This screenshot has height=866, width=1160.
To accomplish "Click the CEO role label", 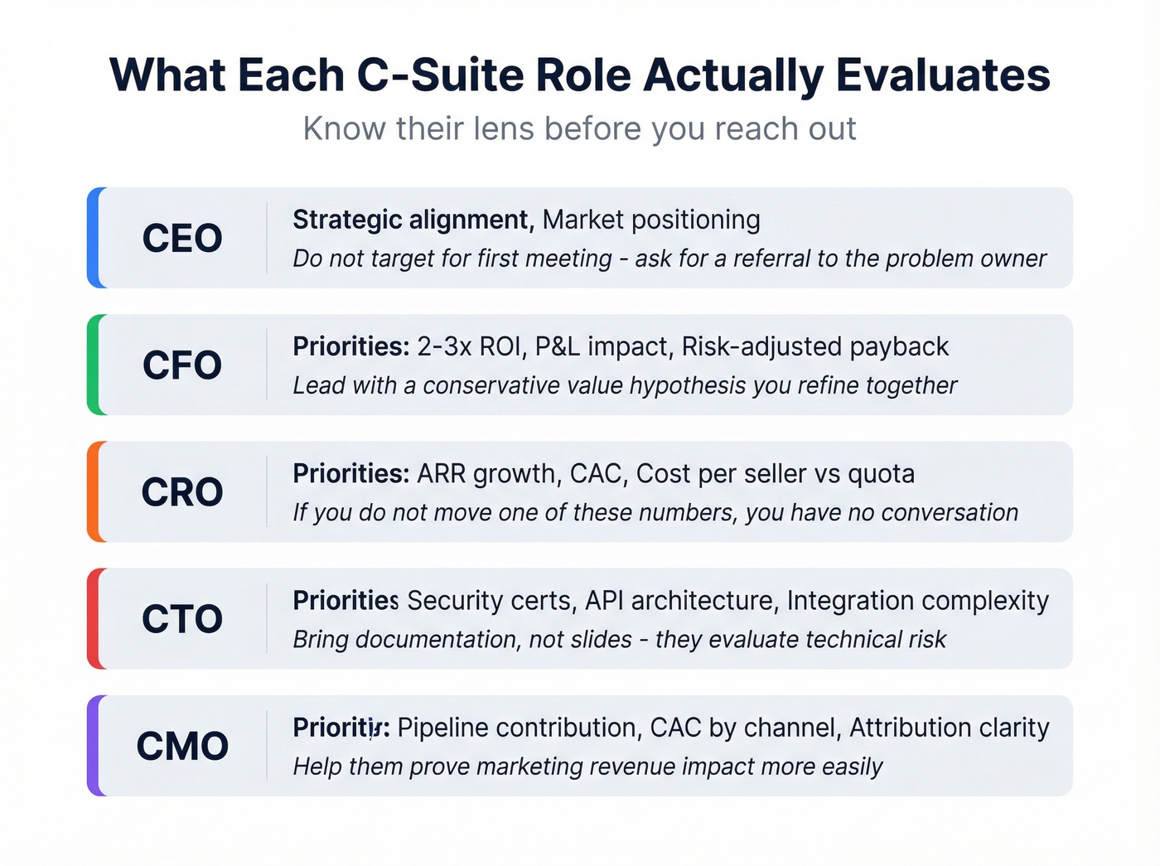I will click(182, 239).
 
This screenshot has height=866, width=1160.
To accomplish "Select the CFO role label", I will click(182, 365).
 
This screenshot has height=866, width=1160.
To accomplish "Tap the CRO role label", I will click(182, 492).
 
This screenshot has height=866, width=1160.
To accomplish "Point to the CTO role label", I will click(182, 619).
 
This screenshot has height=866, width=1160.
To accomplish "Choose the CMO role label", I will click(182, 746).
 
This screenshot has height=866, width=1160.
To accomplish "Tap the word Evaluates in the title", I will click(943, 75).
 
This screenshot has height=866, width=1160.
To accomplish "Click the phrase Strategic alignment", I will click(411, 220).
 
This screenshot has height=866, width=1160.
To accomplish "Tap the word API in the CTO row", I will click(604, 601).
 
